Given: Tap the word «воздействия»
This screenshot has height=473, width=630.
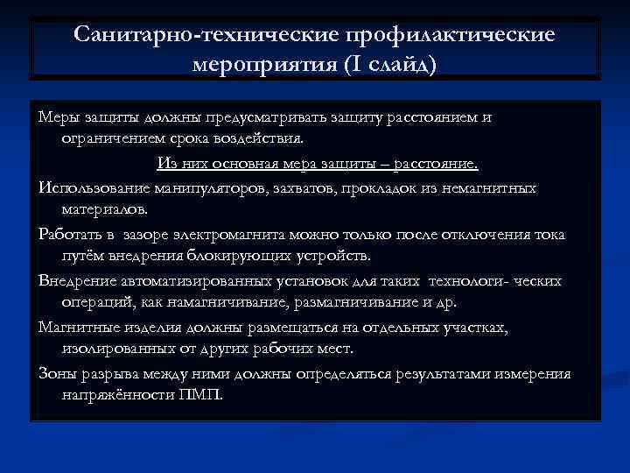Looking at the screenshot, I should tap(261, 138).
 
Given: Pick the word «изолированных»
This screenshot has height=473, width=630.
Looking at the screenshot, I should tap(114, 348).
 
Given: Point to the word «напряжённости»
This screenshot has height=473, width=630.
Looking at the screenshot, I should tap(116, 394).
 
